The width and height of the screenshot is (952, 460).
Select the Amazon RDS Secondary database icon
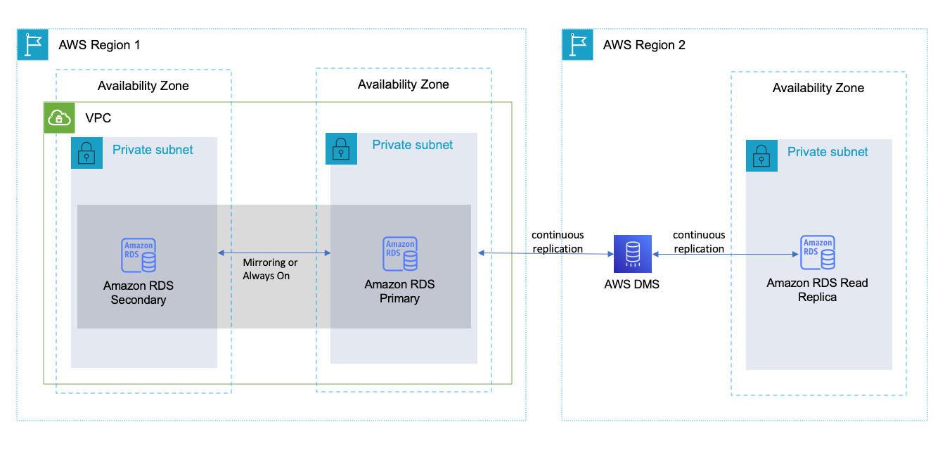pos(139,255)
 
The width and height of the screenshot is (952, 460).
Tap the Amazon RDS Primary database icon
pos(400,254)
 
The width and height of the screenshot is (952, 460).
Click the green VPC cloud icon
pos(59,117)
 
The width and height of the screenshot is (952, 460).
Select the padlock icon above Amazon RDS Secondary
pos(86,153)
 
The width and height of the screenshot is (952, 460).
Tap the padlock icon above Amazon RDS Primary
pos(342,149)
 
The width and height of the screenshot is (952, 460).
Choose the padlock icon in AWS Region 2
pos(761,155)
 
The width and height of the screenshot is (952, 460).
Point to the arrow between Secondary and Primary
pos(274,253)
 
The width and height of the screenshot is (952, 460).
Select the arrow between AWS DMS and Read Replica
pos(724,255)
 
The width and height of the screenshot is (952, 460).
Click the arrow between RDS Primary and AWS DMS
pos(545,253)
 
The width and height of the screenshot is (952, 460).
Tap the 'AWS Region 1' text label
pos(99,45)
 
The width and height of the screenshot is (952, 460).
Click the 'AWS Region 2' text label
pos(644,45)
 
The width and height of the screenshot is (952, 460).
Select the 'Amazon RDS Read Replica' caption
pos(817,290)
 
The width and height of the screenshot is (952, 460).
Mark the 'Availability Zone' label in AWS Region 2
pos(818,88)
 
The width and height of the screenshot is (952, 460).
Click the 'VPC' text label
pos(98,117)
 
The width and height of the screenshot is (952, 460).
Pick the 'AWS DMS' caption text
pos(632,284)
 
